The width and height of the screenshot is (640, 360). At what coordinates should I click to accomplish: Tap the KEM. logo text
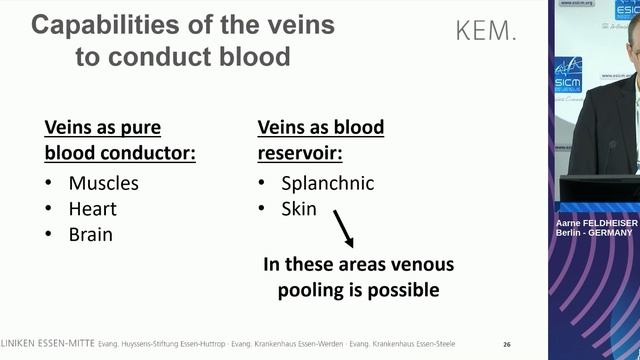487,30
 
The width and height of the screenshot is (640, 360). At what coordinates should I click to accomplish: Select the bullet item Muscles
103,183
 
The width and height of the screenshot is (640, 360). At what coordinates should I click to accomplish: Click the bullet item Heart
92,209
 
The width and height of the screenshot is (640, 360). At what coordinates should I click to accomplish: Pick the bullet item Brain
90,235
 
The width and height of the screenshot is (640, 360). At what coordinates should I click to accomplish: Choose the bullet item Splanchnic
327,183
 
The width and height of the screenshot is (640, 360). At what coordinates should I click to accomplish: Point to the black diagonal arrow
343,228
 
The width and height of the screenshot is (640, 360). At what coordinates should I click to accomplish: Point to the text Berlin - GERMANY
595,233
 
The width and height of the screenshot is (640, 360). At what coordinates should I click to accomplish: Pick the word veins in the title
294,24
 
